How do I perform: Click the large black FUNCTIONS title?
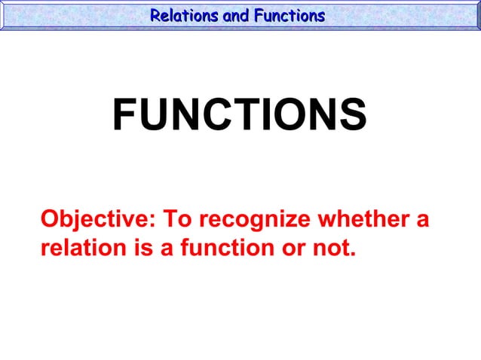pos(240,115)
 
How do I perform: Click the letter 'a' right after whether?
pos(423,220)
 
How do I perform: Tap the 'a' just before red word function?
pos(164,247)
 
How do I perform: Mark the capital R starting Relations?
pos(155,15)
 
